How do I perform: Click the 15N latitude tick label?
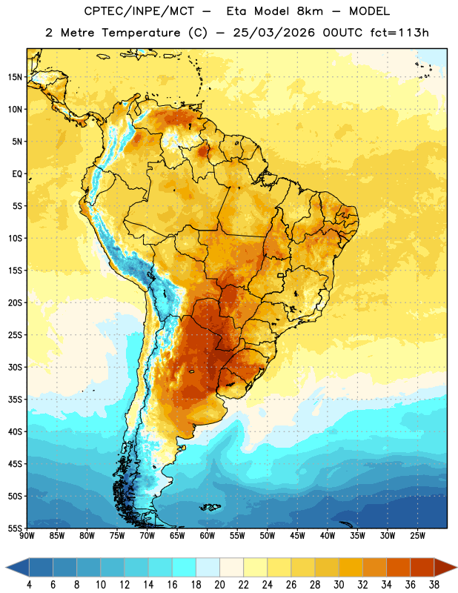(15, 77)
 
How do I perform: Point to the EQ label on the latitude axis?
(17, 174)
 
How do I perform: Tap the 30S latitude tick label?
(15, 367)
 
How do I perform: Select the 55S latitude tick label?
(15, 528)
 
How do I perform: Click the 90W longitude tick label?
(27, 536)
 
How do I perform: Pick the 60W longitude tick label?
(208, 536)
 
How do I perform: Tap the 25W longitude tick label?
(417, 536)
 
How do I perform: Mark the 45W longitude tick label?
(297, 536)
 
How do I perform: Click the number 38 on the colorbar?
(434, 585)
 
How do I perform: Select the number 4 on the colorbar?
(29, 585)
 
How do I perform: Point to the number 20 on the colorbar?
(219, 585)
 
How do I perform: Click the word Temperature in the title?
(141, 33)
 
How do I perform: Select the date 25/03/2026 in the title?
(273, 33)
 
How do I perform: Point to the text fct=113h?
(399, 33)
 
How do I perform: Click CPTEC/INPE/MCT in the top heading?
(139, 11)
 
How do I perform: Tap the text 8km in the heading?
(310, 11)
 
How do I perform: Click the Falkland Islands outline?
(210, 507)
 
